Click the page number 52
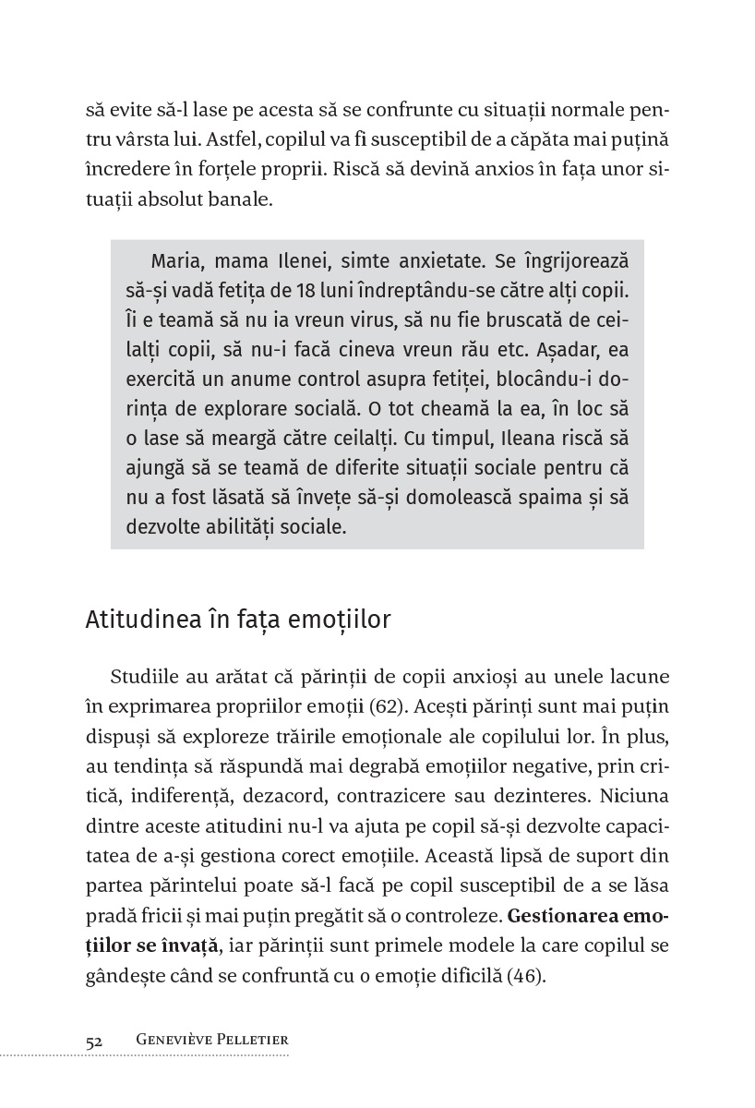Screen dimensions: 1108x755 coord(94,1040)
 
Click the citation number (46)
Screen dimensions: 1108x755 coord(526,974)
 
